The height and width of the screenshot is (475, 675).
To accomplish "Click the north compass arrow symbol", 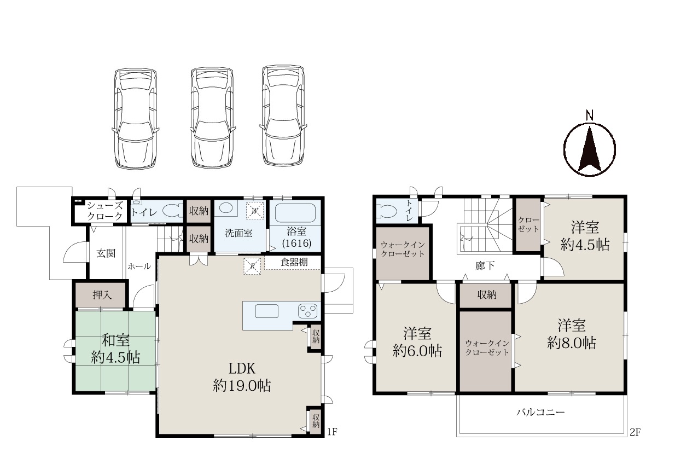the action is tap(590, 149).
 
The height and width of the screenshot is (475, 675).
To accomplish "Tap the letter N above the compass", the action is tap(590, 115).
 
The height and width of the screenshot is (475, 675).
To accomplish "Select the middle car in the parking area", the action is tap(212, 117).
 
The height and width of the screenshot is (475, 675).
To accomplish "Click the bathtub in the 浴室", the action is tap(295, 213).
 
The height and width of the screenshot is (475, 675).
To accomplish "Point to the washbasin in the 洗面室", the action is tap(226, 207).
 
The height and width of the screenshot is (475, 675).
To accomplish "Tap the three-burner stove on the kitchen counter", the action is tap(307, 311).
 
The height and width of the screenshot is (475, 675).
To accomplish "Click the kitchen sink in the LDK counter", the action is tap(267, 311).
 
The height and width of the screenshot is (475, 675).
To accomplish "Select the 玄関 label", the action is tap(106, 253).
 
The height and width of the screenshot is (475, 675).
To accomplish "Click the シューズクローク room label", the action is tap(105, 211).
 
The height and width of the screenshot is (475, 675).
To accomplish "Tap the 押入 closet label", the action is tap(102, 295).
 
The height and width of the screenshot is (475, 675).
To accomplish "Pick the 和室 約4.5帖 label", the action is tap(115, 349).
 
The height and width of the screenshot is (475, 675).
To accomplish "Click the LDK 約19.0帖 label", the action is tap(242, 377).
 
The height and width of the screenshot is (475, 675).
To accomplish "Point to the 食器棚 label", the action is tap(294, 262).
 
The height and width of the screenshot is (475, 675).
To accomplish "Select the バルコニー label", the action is tap(540, 412).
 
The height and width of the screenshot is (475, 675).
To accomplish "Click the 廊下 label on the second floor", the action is tap(485, 265).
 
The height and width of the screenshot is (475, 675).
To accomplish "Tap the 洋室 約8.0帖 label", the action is tap(572, 334).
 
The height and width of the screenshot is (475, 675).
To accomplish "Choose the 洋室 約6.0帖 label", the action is tap(417, 343).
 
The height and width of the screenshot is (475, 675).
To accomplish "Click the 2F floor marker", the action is tap(635, 432).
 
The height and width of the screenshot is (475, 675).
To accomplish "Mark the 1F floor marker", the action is tap(332, 432).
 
